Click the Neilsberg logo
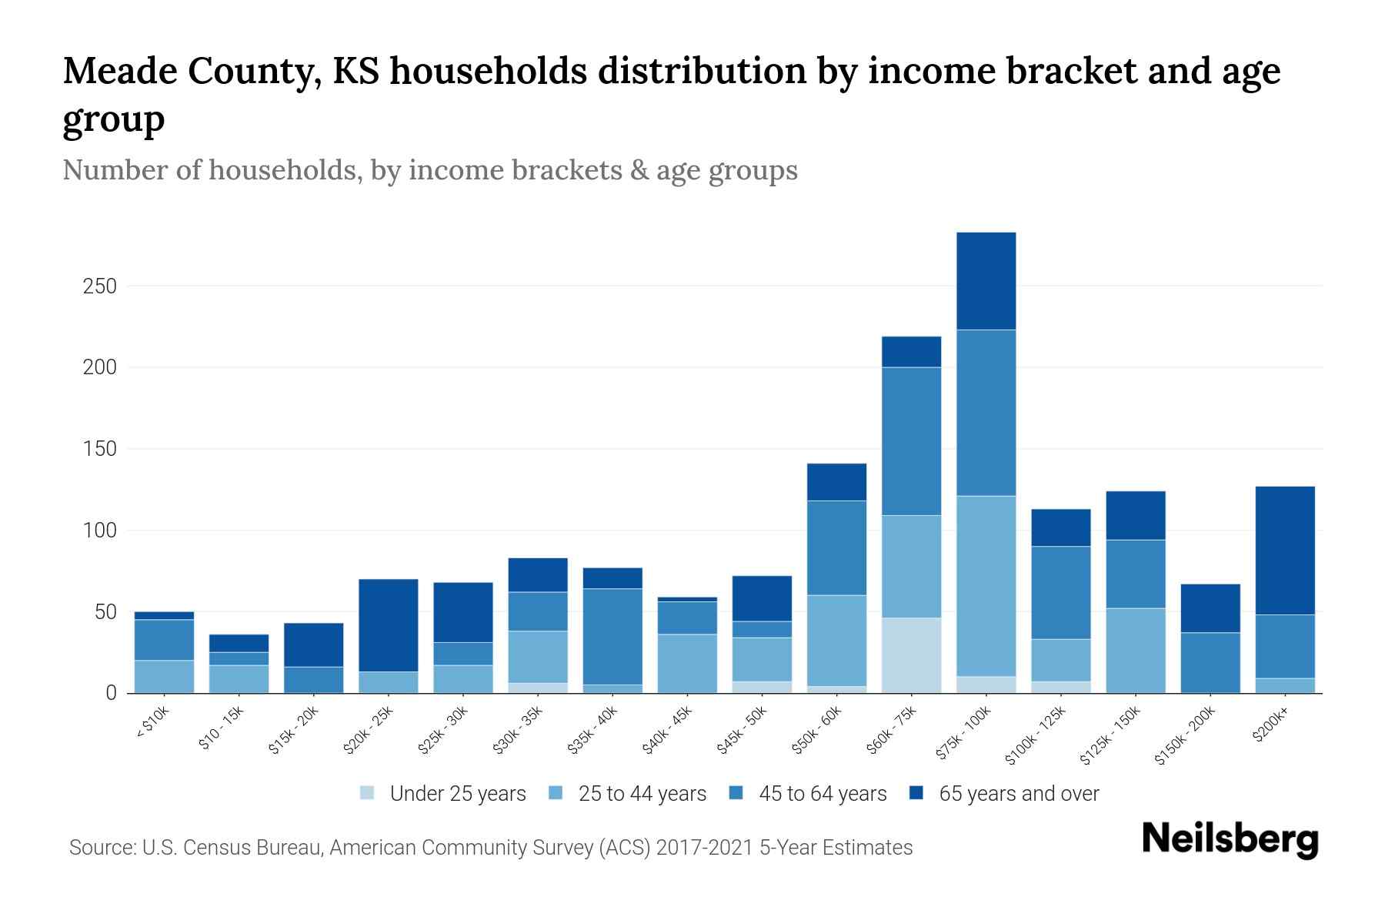pyautogui.click(x=1230, y=839)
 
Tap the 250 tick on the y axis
pyautogui.click(x=99, y=286)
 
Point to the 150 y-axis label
pyautogui.click(x=99, y=449)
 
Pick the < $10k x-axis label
pyautogui.click(x=152, y=723)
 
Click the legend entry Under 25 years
pyautogui.click(x=457, y=794)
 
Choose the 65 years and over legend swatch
pyautogui.click(x=916, y=793)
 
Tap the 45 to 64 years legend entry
pyautogui.click(x=823, y=794)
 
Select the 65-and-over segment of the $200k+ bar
pyautogui.click(x=1285, y=550)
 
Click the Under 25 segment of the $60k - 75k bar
pyautogui.click(x=911, y=654)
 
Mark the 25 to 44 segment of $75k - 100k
pyautogui.click(x=986, y=585)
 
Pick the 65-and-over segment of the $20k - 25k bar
pyautogui.click(x=388, y=625)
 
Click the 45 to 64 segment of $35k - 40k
pyautogui.click(x=612, y=636)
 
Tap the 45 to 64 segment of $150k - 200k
pyautogui.click(x=1210, y=662)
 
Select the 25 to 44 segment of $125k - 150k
pyautogui.click(x=1136, y=650)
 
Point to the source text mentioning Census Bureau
pyautogui.click(x=490, y=848)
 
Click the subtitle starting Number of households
pyautogui.click(x=429, y=170)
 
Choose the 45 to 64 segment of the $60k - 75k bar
pyautogui.click(x=911, y=441)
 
